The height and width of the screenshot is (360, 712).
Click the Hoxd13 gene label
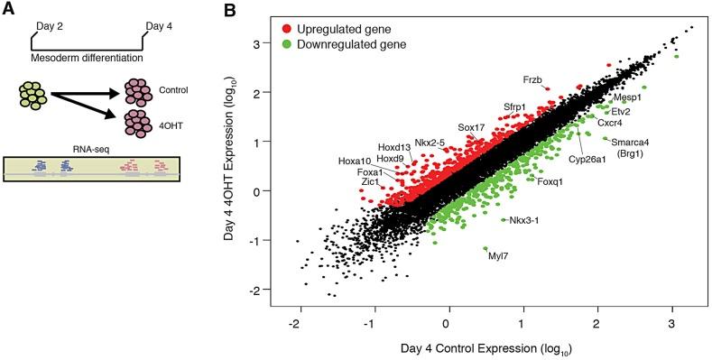pyautogui.click(x=393, y=146)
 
